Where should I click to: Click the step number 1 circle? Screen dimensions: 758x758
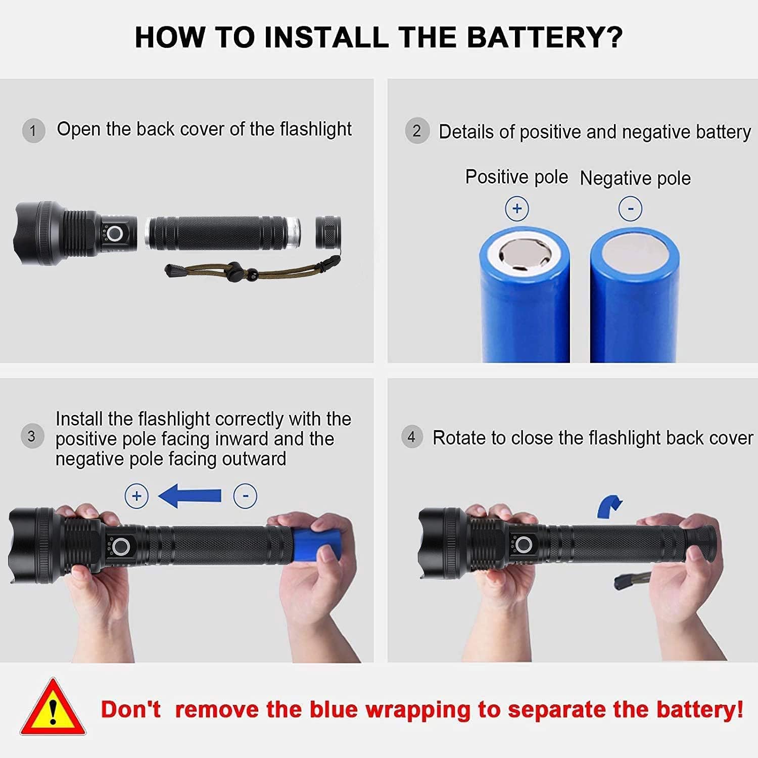[33, 131]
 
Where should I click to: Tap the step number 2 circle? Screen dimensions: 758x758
[416, 131]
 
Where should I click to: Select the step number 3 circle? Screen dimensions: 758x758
[32, 436]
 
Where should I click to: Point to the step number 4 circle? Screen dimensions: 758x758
[411, 437]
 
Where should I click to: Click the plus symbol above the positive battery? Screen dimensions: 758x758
[516, 208]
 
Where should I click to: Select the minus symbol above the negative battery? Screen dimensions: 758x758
[630, 209]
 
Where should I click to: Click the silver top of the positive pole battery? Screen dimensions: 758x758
[524, 254]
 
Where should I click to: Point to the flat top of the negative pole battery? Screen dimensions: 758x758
[635, 253]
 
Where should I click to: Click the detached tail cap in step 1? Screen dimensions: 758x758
[328, 232]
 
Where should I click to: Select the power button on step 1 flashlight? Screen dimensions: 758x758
[115, 233]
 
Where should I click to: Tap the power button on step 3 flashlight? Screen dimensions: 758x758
[120, 546]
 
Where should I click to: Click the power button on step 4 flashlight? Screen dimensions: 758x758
[524, 545]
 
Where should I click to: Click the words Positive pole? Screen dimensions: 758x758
[516, 177]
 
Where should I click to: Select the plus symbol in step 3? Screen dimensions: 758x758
[136, 496]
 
